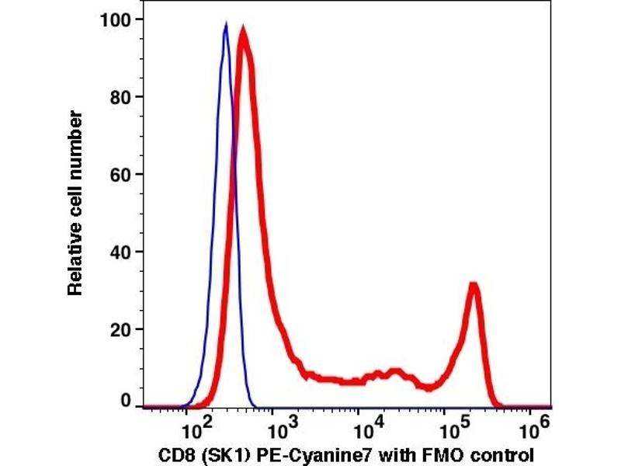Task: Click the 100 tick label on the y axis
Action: pos(114,19)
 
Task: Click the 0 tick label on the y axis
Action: pos(123,402)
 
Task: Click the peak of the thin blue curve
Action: pos(225,26)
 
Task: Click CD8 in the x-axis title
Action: pos(181,454)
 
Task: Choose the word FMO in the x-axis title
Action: pos(438,454)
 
